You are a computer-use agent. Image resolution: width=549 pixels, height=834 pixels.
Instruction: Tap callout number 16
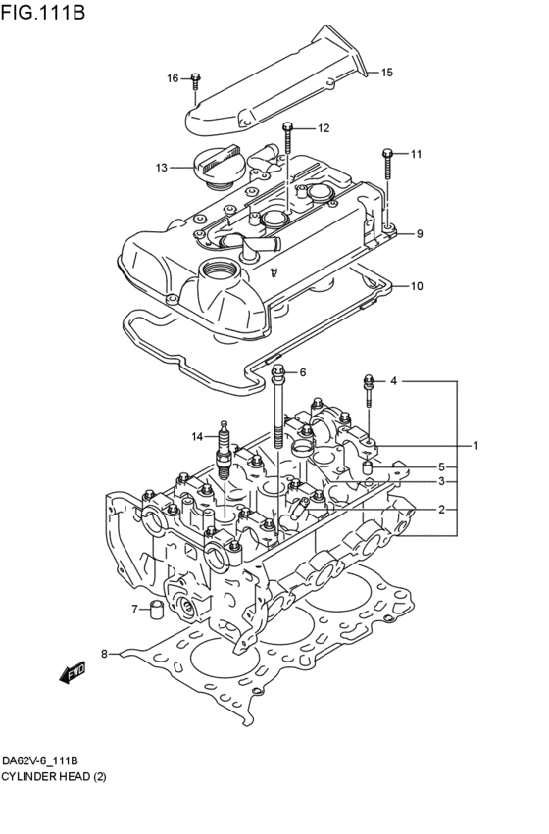(x=173, y=78)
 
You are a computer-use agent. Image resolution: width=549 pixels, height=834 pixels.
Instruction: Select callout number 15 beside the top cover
(x=386, y=73)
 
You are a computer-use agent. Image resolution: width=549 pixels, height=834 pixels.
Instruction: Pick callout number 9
(x=419, y=234)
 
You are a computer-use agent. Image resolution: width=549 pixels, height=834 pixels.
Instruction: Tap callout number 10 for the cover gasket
(x=416, y=286)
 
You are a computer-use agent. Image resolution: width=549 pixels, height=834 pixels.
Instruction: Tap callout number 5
(x=441, y=466)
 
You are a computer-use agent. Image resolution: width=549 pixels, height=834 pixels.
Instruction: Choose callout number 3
(x=441, y=481)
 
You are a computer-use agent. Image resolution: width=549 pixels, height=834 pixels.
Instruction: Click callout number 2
(x=441, y=509)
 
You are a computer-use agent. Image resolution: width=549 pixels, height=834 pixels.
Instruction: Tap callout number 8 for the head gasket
(x=104, y=652)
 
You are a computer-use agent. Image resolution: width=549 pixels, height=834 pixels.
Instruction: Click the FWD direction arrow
(x=74, y=673)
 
